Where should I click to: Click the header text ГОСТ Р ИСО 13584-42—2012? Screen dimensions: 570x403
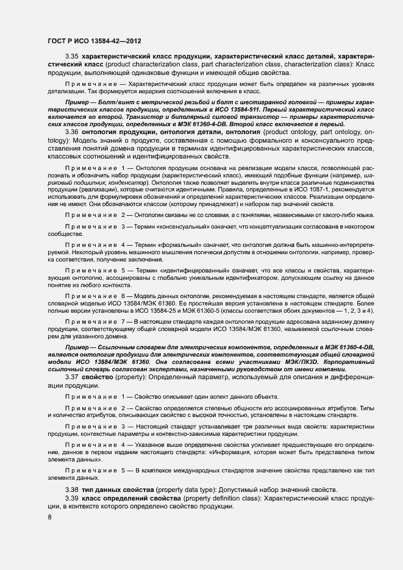pos(95,41)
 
